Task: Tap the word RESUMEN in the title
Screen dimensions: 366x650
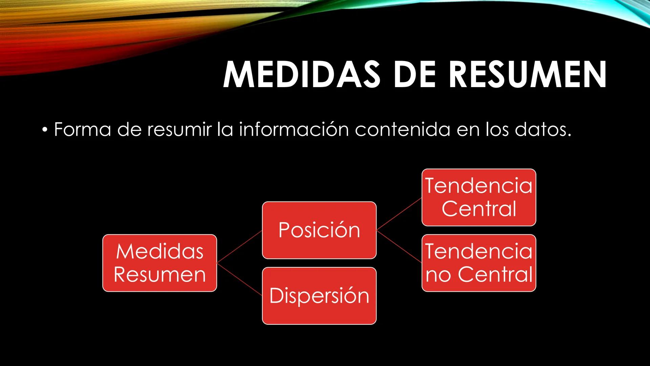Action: click(x=527, y=75)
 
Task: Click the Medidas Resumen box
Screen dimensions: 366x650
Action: click(x=159, y=263)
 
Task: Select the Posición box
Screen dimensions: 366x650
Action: click(x=319, y=230)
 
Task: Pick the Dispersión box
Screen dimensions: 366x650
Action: click(x=319, y=296)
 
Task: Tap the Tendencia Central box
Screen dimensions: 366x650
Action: click(x=479, y=197)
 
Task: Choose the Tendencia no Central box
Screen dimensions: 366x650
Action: click(x=479, y=263)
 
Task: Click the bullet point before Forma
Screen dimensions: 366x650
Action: click(x=45, y=130)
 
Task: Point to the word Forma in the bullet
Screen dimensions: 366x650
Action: click(x=82, y=130)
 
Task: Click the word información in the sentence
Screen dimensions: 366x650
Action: click(x=294, y=130)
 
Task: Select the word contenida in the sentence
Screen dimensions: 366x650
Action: click(x=402, y=130)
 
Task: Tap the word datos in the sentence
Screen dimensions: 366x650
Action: click(x=543, y=130)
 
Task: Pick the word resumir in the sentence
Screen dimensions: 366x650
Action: click(x=179, y=130)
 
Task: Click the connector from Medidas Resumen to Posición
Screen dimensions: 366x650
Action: click(x=239, y=246)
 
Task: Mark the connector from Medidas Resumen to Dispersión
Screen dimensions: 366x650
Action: click(x=239, y=279)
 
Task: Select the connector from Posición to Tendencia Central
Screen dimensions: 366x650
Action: click(x=399, y=214)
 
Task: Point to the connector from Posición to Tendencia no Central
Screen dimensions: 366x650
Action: click(x=399, y=246)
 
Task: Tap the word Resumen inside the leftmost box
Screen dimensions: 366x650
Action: click(x=159, y=275)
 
